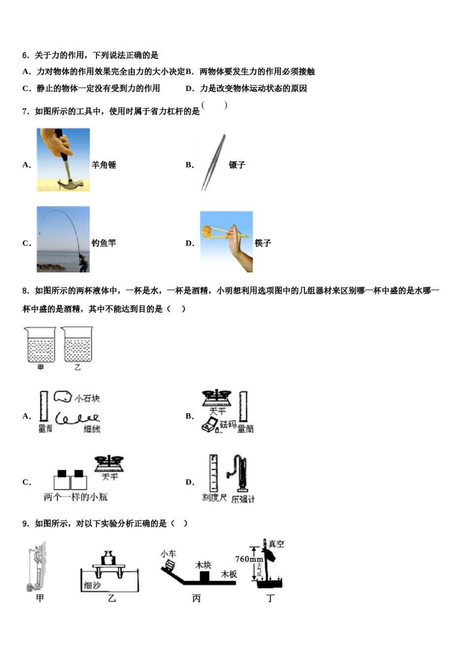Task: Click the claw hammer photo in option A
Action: click(63, 160)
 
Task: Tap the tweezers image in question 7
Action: click(214, 163)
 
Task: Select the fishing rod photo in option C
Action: click(63, 239)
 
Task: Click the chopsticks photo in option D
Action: click(226, 242)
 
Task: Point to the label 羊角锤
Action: click(104, 165)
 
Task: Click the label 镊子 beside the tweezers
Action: click(237, 165)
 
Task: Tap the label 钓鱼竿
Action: click(104, 243)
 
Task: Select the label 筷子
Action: click(263, 243)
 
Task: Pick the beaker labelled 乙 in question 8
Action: click(77, 344)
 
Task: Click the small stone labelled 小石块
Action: click(63, 397)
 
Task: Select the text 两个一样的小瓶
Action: click(75, 497)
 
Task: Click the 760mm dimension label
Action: click(248, 559)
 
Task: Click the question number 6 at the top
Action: click(25, 55)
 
